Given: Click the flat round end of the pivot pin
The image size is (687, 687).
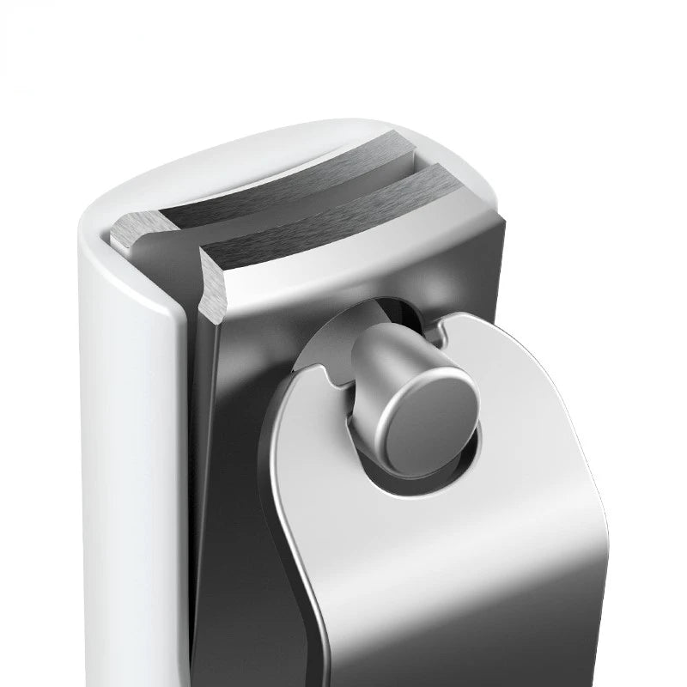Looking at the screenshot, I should pyautogui.click(x=429, y=424).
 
